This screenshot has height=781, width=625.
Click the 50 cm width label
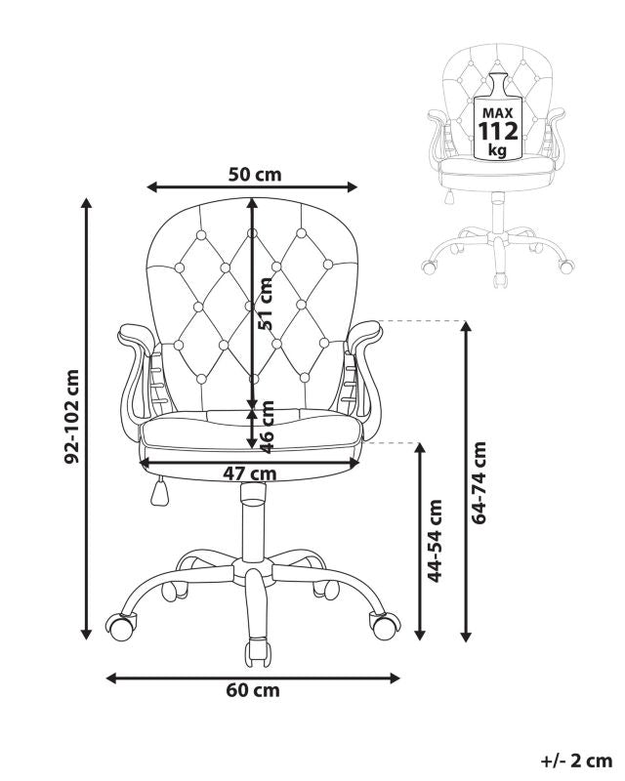click(x=255, y=175)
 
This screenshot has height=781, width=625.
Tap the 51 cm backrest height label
click(x=266, y=304)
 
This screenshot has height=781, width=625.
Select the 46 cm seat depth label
click(x=267, y=427)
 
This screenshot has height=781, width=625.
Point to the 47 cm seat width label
click(x=250, y=473)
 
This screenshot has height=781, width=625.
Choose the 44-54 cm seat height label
click(x=436, y=541)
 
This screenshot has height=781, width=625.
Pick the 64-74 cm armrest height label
click(x=479, y=482)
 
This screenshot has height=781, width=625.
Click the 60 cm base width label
click(x=253, y=690)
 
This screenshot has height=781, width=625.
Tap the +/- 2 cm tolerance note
click(x=576, y=761)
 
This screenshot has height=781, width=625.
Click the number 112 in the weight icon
click(x=498, y=132)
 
